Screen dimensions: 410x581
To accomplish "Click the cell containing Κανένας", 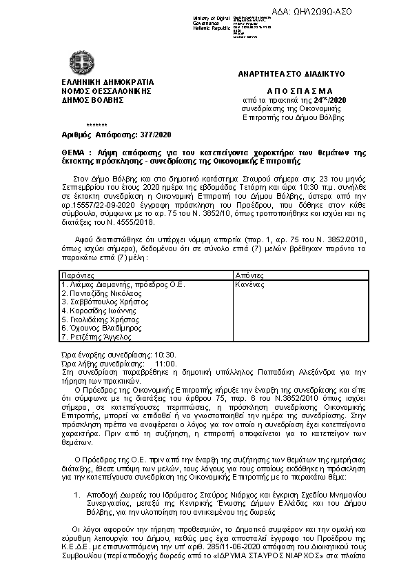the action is pos(251,284).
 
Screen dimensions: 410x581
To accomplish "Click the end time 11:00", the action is pos(166,363).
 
